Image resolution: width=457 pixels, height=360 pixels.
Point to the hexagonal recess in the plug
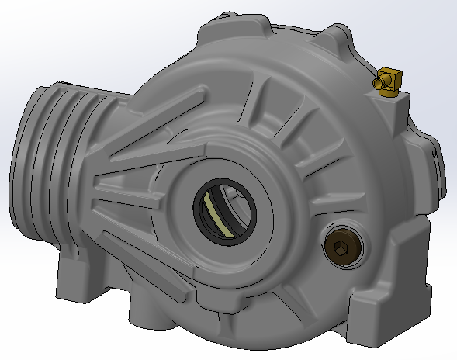pyautogui.click(x=340, y=248)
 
